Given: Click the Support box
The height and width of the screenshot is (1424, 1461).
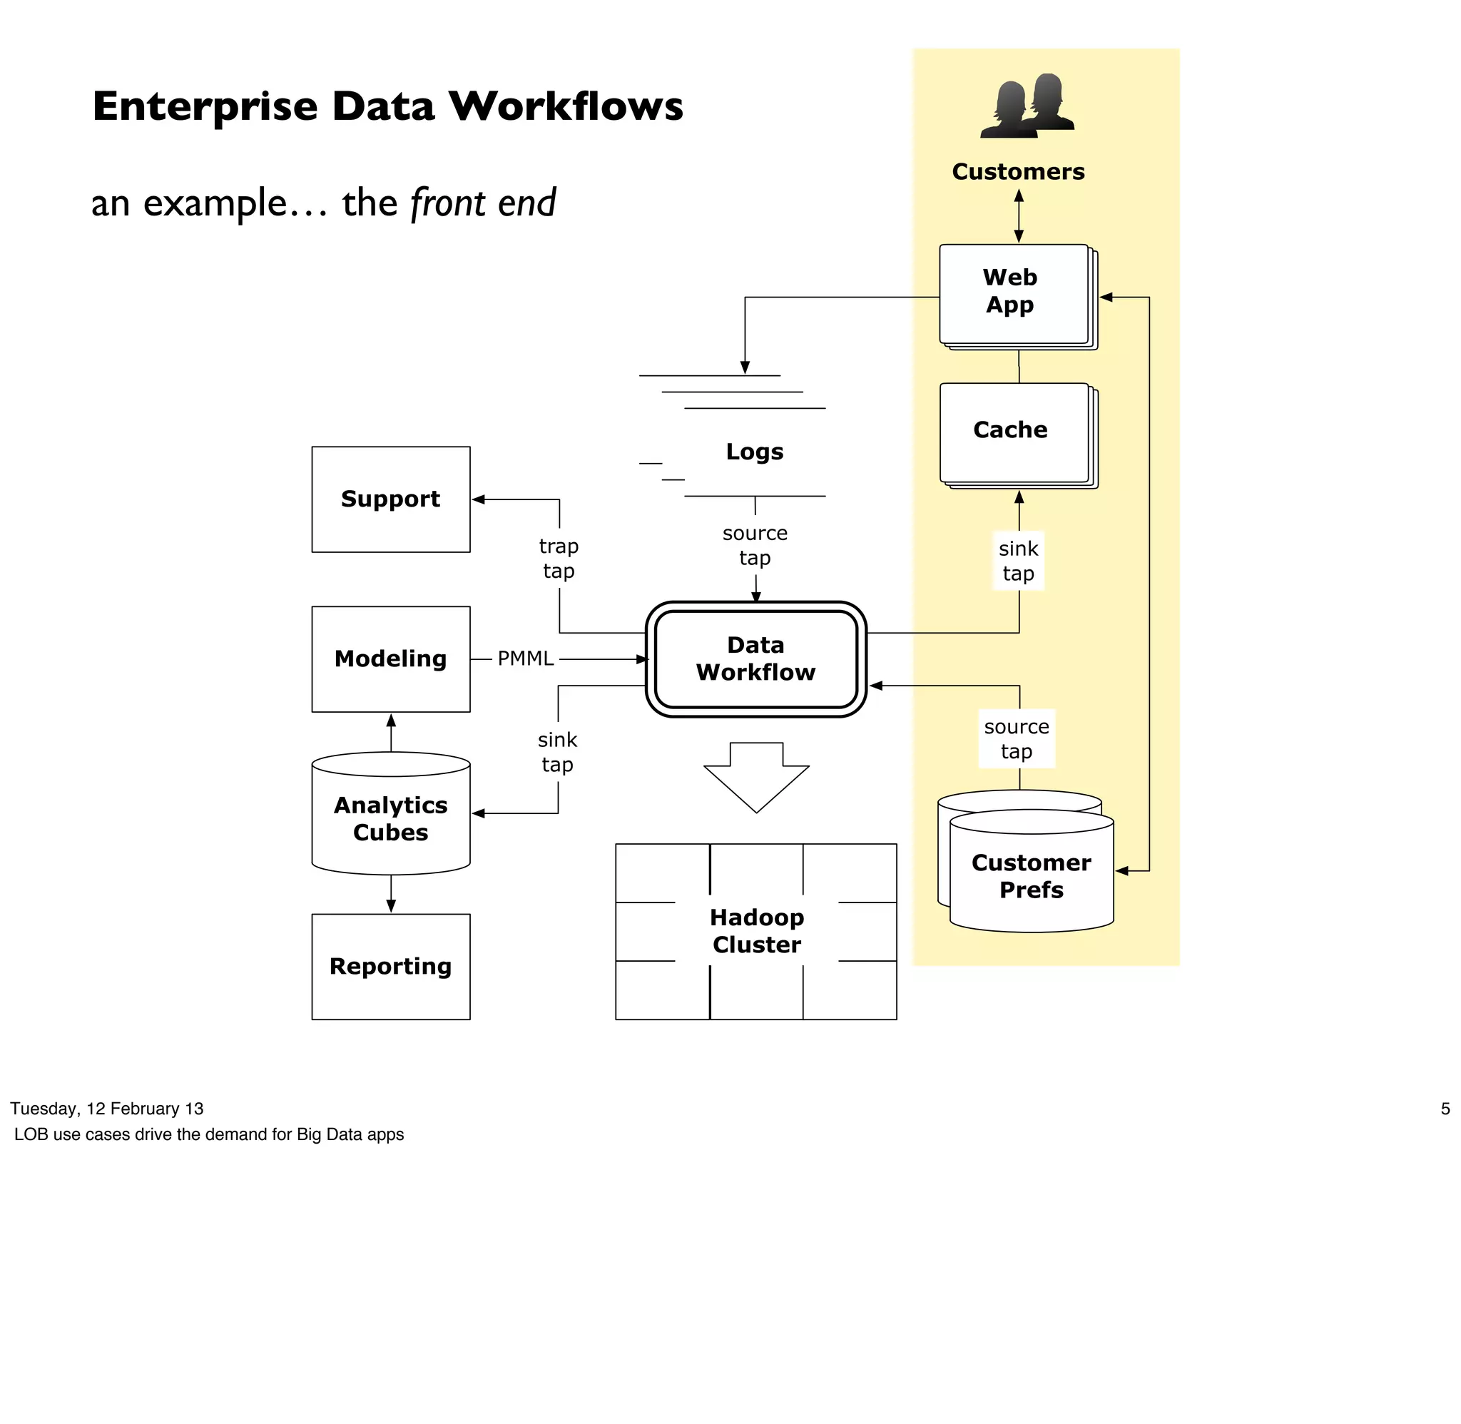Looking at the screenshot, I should [390, 499].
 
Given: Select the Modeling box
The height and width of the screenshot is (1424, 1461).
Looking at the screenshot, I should [390, 658].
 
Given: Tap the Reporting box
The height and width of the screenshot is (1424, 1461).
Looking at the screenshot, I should [390, 965].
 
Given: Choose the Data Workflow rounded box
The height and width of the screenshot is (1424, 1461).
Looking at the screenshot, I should [755, 658].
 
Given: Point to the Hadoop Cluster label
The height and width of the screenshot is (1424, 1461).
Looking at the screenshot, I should [756, 930].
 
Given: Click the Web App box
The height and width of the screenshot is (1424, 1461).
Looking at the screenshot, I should [1013, 294].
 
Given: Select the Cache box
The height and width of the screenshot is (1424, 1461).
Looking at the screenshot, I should [1013, 432].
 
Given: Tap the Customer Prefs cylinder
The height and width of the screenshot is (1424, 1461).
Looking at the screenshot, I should [1030, 875].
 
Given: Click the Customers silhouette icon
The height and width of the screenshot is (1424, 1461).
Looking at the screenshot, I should [1026, 106].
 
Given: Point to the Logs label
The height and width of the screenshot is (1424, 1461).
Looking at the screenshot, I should [755, 451].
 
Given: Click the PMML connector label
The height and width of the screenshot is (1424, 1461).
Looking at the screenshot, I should [525, 658].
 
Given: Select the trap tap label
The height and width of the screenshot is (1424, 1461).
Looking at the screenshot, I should [559, 558].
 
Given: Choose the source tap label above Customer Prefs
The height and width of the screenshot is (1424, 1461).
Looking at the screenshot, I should [1016, 738].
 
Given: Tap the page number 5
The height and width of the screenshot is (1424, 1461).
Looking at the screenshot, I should [1445, 1109].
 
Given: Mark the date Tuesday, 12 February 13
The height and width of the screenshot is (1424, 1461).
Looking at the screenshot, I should [107, 1109].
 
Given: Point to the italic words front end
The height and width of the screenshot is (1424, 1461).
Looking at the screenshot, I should [483, 203].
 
